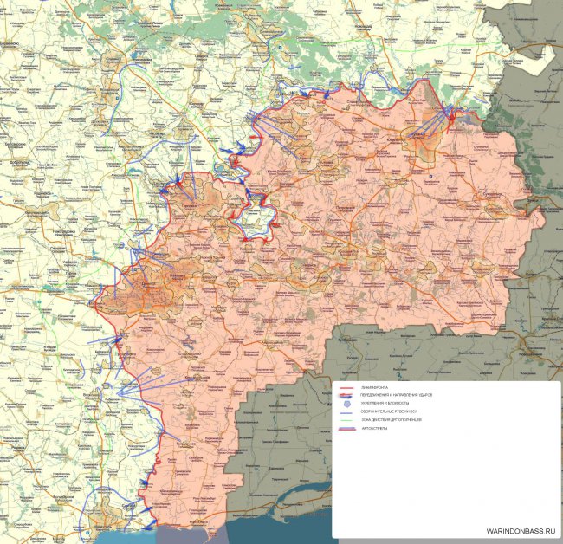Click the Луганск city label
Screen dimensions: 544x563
tap(429, 139)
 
